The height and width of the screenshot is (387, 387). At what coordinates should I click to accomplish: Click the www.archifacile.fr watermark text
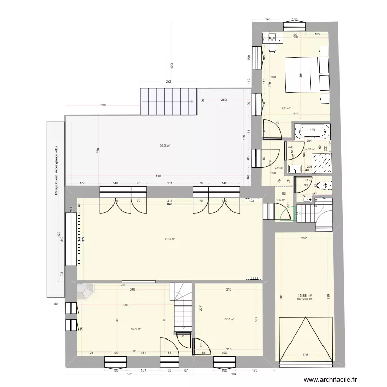[x=331, y=379]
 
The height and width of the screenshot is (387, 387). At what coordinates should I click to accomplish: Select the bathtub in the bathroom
[x=311, y=132]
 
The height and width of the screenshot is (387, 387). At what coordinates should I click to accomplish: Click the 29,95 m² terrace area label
[x=165, y=146]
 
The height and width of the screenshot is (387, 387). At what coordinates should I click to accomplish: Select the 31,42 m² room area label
[x=170, y=239]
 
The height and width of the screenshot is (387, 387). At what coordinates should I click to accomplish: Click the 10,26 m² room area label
[x=228, y=319]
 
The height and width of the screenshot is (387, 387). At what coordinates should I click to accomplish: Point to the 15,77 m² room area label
[x=136, y=328]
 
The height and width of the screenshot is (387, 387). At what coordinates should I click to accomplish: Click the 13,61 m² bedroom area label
[x=285, y=108]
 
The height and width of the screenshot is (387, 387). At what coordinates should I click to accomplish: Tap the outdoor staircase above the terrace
[x=168, y=102]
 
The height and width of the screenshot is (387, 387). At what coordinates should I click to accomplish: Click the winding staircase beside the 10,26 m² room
[x=183, y=307]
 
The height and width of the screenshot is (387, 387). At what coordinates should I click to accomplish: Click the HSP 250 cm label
[x=304, y=299]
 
